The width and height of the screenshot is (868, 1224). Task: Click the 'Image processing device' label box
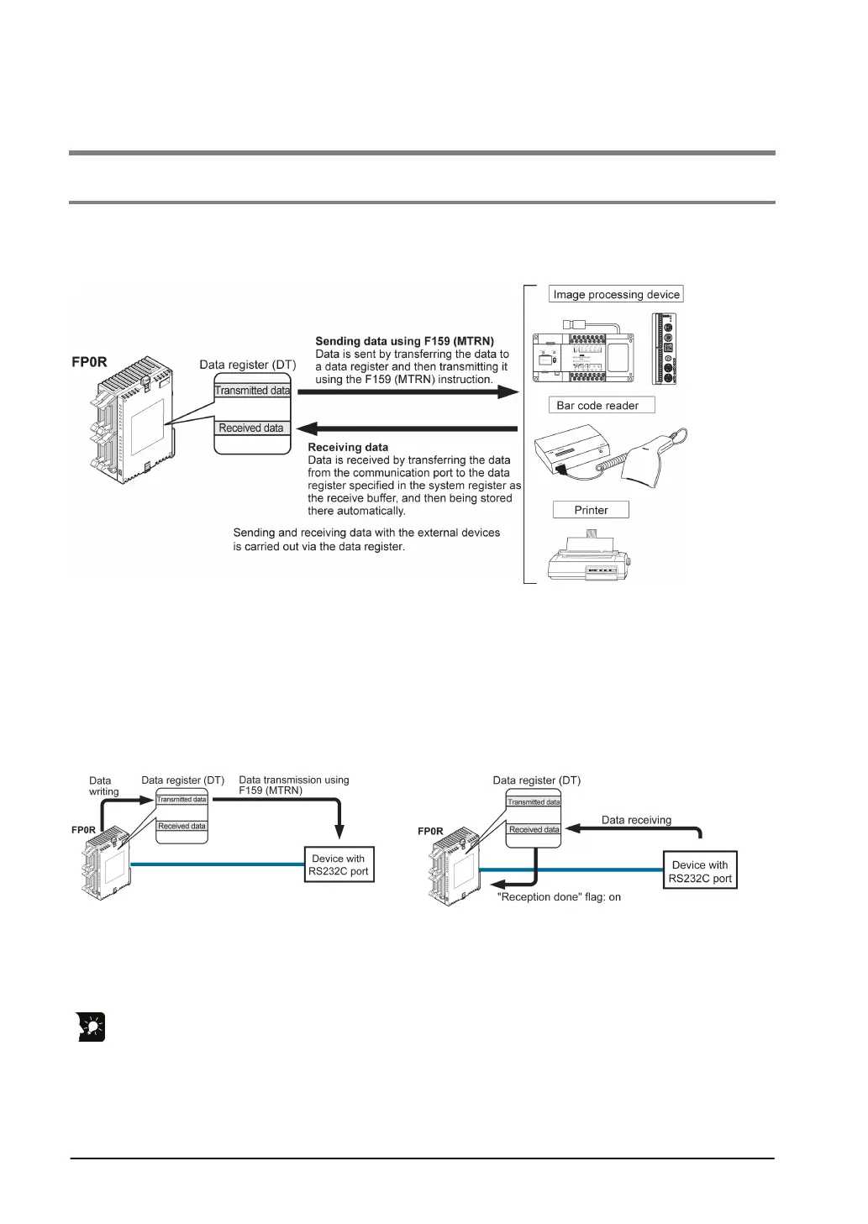pos(616,295)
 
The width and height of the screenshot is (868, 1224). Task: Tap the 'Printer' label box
pos(591,510)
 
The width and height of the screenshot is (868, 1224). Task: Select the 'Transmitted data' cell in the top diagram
pos(252,391)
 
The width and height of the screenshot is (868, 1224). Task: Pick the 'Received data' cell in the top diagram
pos(251,428)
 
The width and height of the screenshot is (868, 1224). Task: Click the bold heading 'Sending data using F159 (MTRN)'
pos(404,341)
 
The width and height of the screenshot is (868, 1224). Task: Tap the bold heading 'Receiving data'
pos(348,447)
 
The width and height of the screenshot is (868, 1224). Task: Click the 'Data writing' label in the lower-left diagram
pos(104,786)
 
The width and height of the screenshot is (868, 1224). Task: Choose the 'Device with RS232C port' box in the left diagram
pos(338,864)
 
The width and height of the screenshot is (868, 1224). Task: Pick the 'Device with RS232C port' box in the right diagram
pos(700,871)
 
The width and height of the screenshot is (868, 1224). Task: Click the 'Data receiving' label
pos(636,820)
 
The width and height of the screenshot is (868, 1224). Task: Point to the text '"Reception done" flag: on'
pos(559,897)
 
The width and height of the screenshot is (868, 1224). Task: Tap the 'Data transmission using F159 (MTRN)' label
pos(294,785)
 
